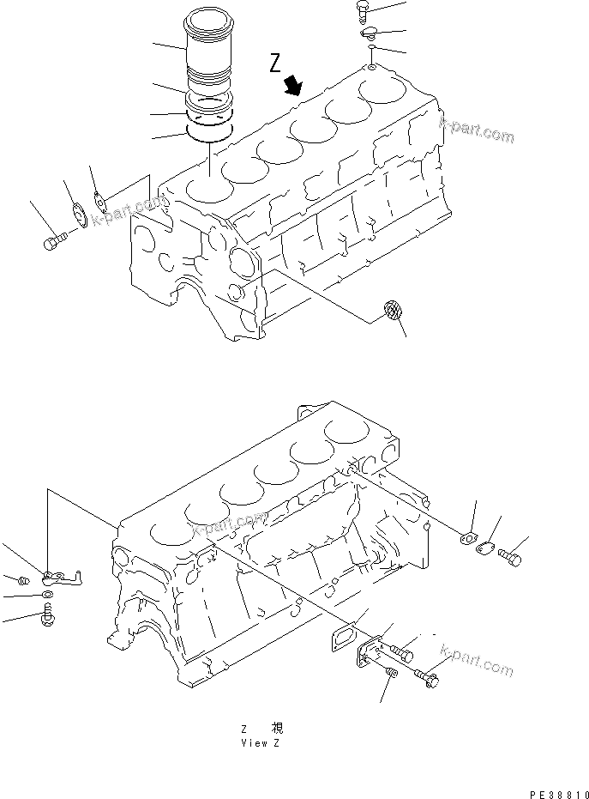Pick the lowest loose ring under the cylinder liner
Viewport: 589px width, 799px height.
[x=210, y=133]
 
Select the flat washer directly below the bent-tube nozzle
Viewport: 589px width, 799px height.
[x=47, y=594]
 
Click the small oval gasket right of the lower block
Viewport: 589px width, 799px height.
[x=467, y=539]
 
